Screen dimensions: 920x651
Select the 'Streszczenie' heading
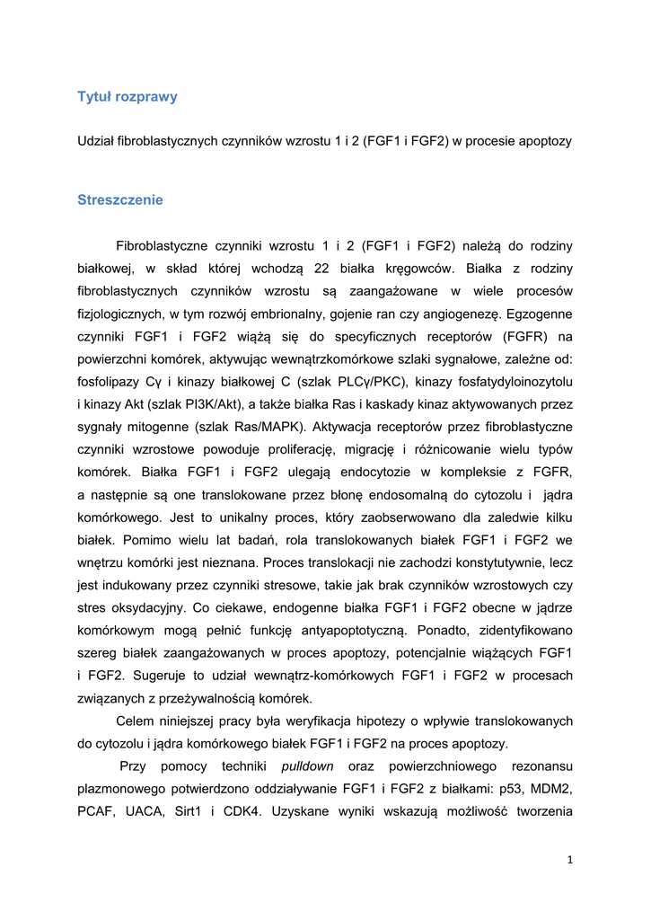coord(120,199)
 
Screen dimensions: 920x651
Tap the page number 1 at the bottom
coord(569,860)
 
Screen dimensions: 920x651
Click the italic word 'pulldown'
coord(307,766)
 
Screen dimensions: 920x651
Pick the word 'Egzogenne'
coord(541,314)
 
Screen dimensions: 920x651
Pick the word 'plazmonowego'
coord(120,789)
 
